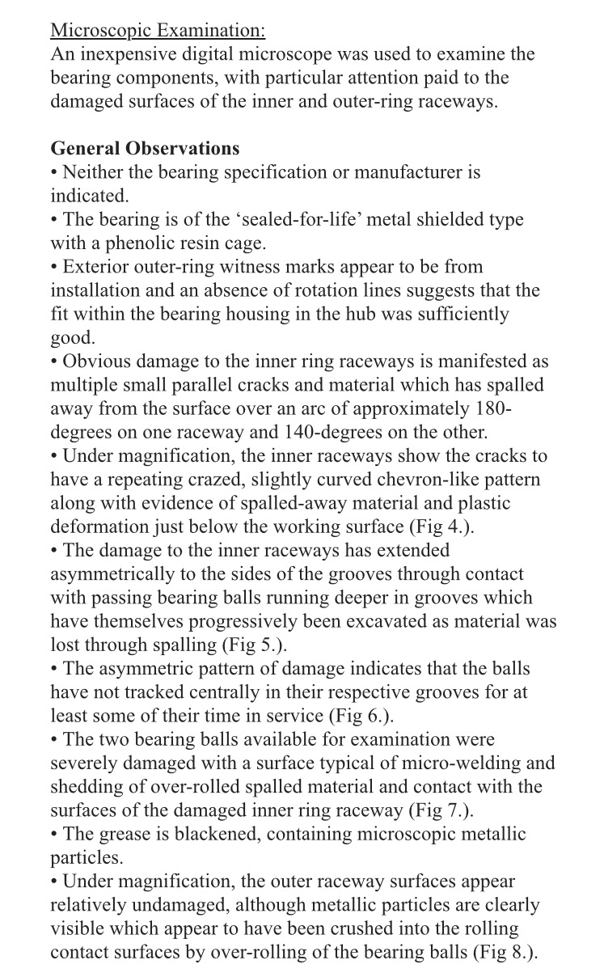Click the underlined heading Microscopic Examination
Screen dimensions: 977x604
[158, 31]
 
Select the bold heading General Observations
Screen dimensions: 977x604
[145, 149]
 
